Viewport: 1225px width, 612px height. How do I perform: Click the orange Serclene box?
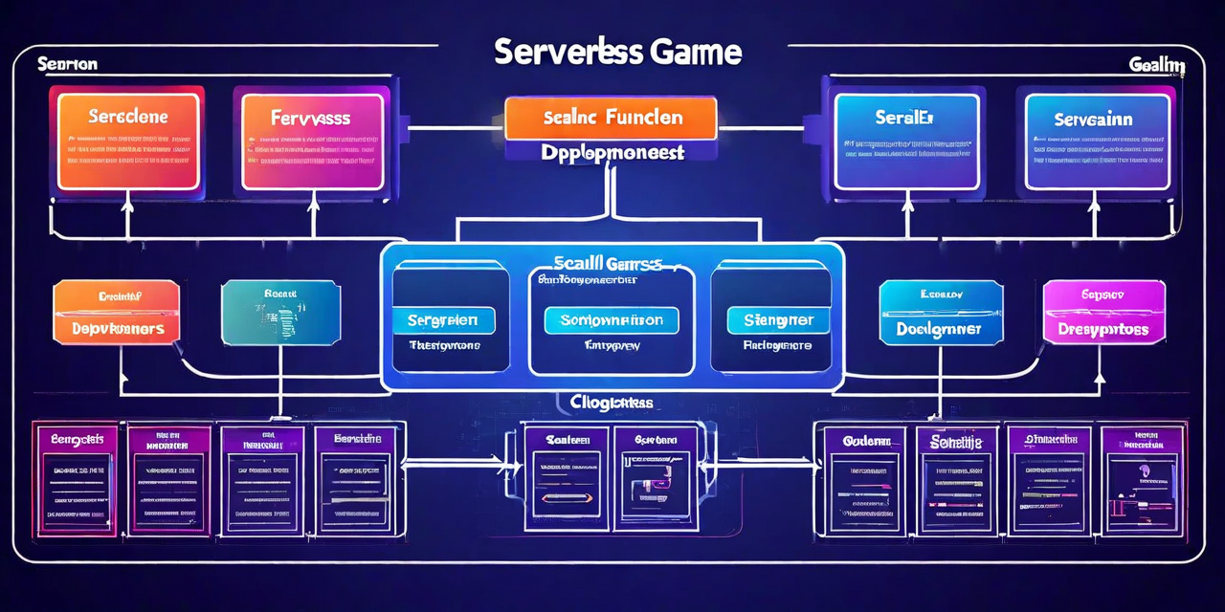pyautogui.click(x=127, y=139)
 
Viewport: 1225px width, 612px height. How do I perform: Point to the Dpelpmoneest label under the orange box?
pyautogui.click(x=612, y=152)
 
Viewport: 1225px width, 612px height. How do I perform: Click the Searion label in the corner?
pyautogui.click(x=67, y=64)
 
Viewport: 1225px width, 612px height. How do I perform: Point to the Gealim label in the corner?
pyautogui.click(x=1156, y=65)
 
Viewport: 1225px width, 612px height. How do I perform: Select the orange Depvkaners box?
pyautogui.click(x=117, y=312)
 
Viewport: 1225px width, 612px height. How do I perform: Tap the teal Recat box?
pyautogui.click(x=279, y=312)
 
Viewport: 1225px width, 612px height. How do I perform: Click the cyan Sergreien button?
pyautogui.click(x=443, y=320)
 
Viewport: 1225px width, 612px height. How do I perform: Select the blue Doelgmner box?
pyautogui.click(x=941, y=312)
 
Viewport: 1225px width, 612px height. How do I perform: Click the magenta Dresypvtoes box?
pyautogui.click(x=1103, y=312)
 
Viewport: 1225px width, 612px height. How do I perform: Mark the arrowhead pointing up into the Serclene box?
pyautogui.click(x=127, y=204)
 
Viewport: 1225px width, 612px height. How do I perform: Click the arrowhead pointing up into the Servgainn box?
pyautogui.click(x=1094, y=204)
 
